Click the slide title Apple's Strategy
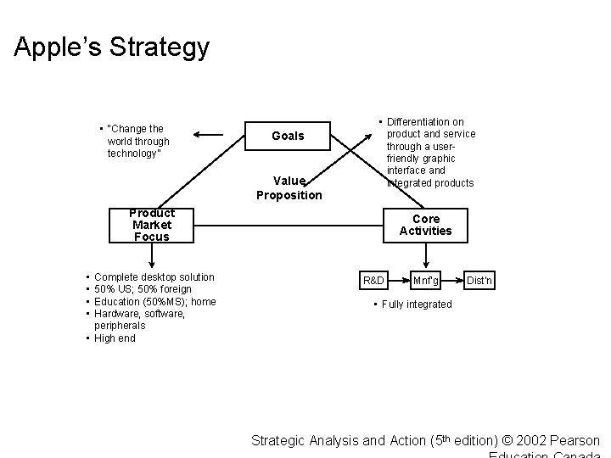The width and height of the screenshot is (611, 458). pyautogui.click(x=111, y=47)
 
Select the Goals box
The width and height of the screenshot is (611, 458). pyautogui.click(x=287, y=136)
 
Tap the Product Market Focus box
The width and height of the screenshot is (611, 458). pyautogui.click(x=152, y=225)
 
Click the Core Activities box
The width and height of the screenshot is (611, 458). pyautogui.click(x=426, y=225)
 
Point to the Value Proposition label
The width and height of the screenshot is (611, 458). pyautogui.click(x=289, y=188)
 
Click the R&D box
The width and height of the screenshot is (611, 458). pyautogui.click(x=373, y=280)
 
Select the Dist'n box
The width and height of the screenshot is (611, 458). pyautogui.click(x=479, y=280)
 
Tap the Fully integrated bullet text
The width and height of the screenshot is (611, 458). pyautogui.click(x=417, y=304)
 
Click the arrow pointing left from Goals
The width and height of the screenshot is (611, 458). pyautogui.click(x=207, y=133)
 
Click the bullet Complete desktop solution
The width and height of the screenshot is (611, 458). pyautogui.click(x=154, y=277)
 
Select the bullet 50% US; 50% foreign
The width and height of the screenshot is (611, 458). pyautogui.click(x=142, y=289)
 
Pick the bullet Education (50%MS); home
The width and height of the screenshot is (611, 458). pyautogui.click(x=154, y=302)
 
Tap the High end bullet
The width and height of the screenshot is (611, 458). pyautogui.click(x=115, y=338)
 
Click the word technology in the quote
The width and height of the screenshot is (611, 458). pyautogui.click(x=133, y=154)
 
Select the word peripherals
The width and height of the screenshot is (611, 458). pyautogui.click(x=120, y=326)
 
